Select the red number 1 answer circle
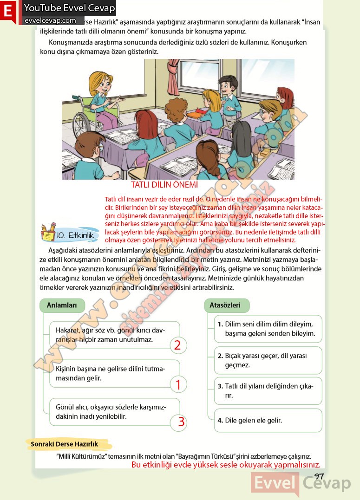click(178, 384)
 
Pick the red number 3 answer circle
click(181, 422)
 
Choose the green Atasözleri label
click(225, 305)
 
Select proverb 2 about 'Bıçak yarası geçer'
click(268, 360)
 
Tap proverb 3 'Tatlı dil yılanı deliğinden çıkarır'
click(268, 391)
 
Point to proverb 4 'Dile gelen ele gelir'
click(268, 421)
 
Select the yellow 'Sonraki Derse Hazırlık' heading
click(65, 444)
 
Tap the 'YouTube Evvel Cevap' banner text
click(69, 8)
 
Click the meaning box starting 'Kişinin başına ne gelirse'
click(114, 374)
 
